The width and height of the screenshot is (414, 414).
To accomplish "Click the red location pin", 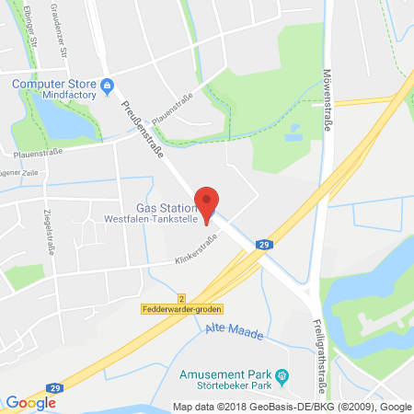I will pos(209,201).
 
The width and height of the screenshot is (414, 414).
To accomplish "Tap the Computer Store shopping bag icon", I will pos(109,88).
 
